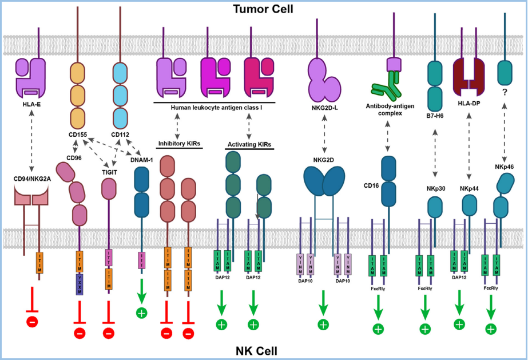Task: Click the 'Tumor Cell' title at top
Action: [263, 9]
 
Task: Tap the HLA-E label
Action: [35, 104]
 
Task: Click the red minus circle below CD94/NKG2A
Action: [32, 321]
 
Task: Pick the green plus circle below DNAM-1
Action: [141, 312]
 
